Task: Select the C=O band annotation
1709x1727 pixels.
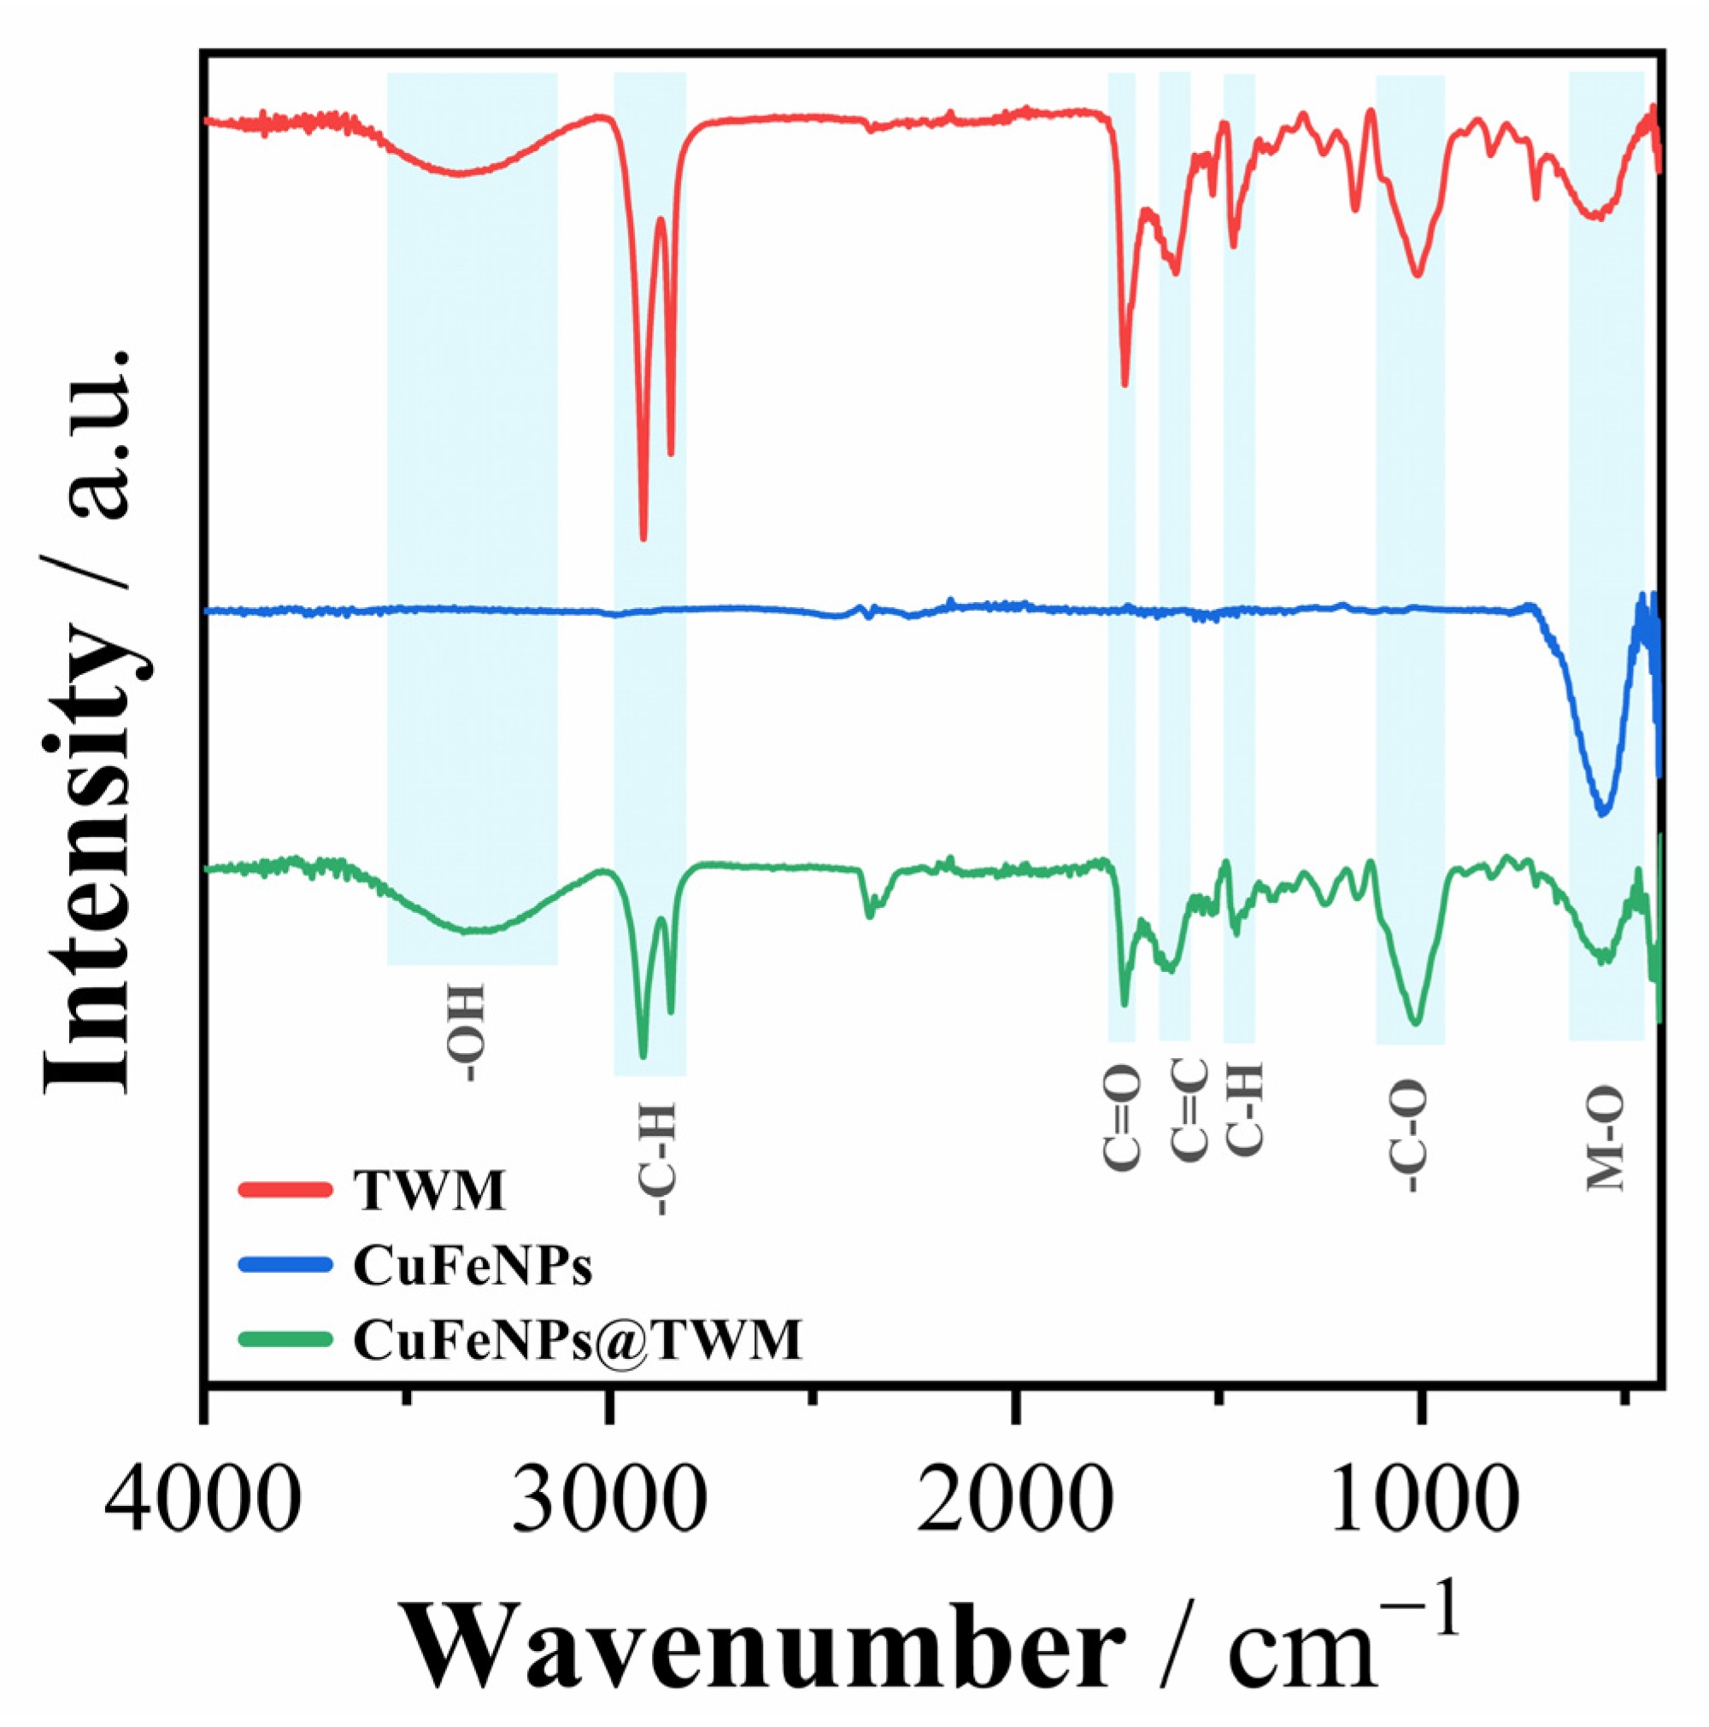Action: [1121, 1117]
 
